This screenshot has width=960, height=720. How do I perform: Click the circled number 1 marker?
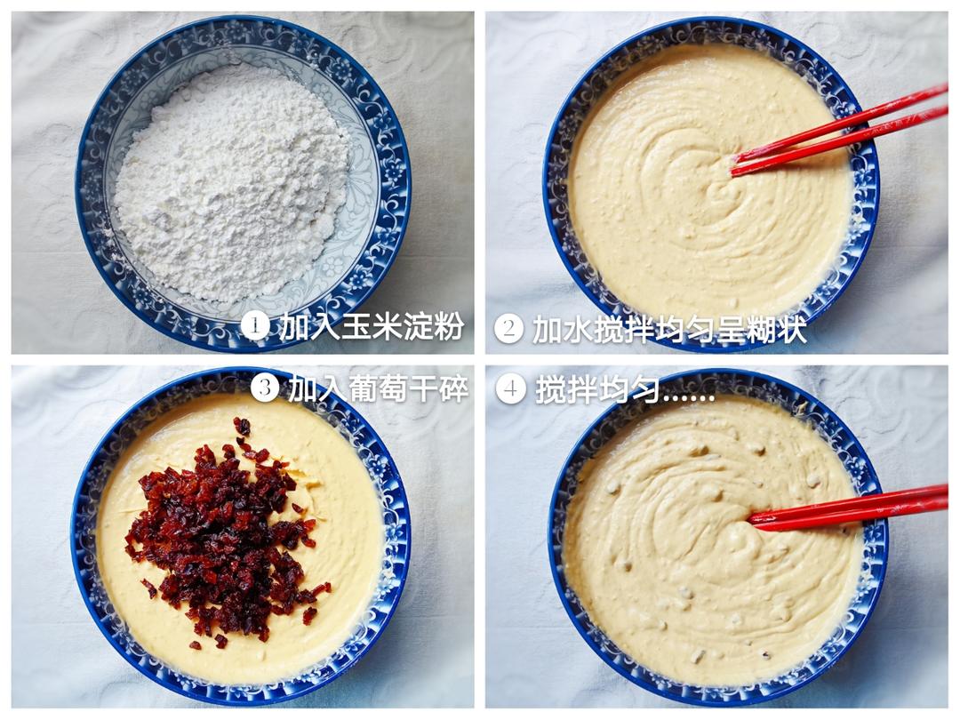[x=255, y=326]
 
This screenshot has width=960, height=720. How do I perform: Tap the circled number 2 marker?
[x=508, y=328]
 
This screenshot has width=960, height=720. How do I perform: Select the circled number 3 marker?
[x=265, y=387]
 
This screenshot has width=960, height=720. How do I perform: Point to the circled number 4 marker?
[x=510, y=388]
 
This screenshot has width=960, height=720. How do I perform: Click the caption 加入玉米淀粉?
[x=372, y=326]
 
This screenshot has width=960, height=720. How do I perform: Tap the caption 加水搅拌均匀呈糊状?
[x=669, y=329]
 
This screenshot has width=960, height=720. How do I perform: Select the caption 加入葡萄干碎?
[x=378, y=388]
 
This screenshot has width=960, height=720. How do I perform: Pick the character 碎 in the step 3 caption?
[x=453, y=388]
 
